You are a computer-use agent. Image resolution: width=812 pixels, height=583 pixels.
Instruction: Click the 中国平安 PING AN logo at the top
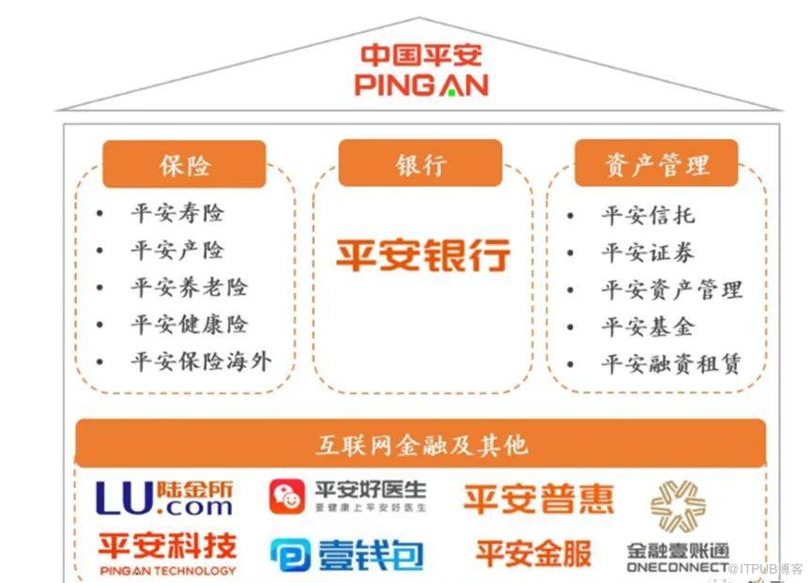pyautogui.click(x=421, y=70)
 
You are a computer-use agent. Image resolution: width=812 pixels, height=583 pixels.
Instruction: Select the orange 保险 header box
pyautogui.click(x=185, y=165)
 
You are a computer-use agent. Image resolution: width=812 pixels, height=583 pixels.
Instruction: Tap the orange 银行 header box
pyautogui.click(x=420, y=164)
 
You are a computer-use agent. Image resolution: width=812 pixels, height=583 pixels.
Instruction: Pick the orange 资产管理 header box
pyautogui.click(x=656, y=165)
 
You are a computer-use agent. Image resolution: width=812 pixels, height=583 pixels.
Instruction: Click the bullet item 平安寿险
pyautogui.click(x=177, y=213)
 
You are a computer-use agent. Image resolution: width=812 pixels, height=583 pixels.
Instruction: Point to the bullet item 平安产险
pyautogui.click(x=177, y=251)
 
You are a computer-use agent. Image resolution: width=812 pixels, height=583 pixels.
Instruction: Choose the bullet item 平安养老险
pyautogui.click(x=189, y=287)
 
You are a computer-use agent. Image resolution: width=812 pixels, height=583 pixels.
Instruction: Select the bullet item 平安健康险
pyautogui.click(x=189, y=325)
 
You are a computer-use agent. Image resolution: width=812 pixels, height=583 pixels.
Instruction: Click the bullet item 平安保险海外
pyautogui.click(x=201, y=361)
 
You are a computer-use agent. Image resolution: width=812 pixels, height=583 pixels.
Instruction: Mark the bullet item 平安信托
pyautogui.click(x=648, y=215)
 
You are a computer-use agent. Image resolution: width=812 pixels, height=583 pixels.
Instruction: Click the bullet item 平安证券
pyautogui.click(x=648, y=253)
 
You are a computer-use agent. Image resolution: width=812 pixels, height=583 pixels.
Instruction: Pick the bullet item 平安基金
pyautogui.click(x=648, y=327)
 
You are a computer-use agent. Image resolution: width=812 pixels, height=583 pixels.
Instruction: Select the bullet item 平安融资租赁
pyautogui.click(x=671, y=364)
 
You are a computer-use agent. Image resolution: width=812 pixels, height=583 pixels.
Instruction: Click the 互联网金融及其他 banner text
pyautogui.click(x=421, y=444)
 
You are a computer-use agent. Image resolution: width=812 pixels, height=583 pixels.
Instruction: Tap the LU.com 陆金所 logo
pyautogui.click(x=165, y=499)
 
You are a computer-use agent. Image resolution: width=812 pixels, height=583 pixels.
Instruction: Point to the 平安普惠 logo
pyautogui.click(x=538, y=499)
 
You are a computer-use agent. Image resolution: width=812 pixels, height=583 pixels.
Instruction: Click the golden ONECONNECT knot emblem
pyautogui.click(x=679, y=506)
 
